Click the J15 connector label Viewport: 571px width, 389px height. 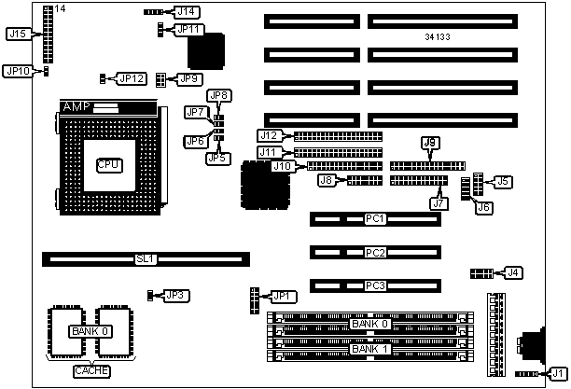coord(17,34)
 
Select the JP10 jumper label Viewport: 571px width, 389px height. coord(18,70)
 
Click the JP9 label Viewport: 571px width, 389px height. coord(189,78)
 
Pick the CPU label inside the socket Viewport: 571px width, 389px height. coord(109,164)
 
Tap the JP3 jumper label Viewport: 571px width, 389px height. coord(174,296)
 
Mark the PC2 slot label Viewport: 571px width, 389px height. coord(375,253)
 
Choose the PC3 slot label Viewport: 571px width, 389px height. coord(375,285)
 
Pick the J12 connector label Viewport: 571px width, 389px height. coord(269,136)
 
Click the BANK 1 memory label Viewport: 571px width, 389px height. coord(367,349)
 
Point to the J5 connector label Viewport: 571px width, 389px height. coord(503,181)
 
